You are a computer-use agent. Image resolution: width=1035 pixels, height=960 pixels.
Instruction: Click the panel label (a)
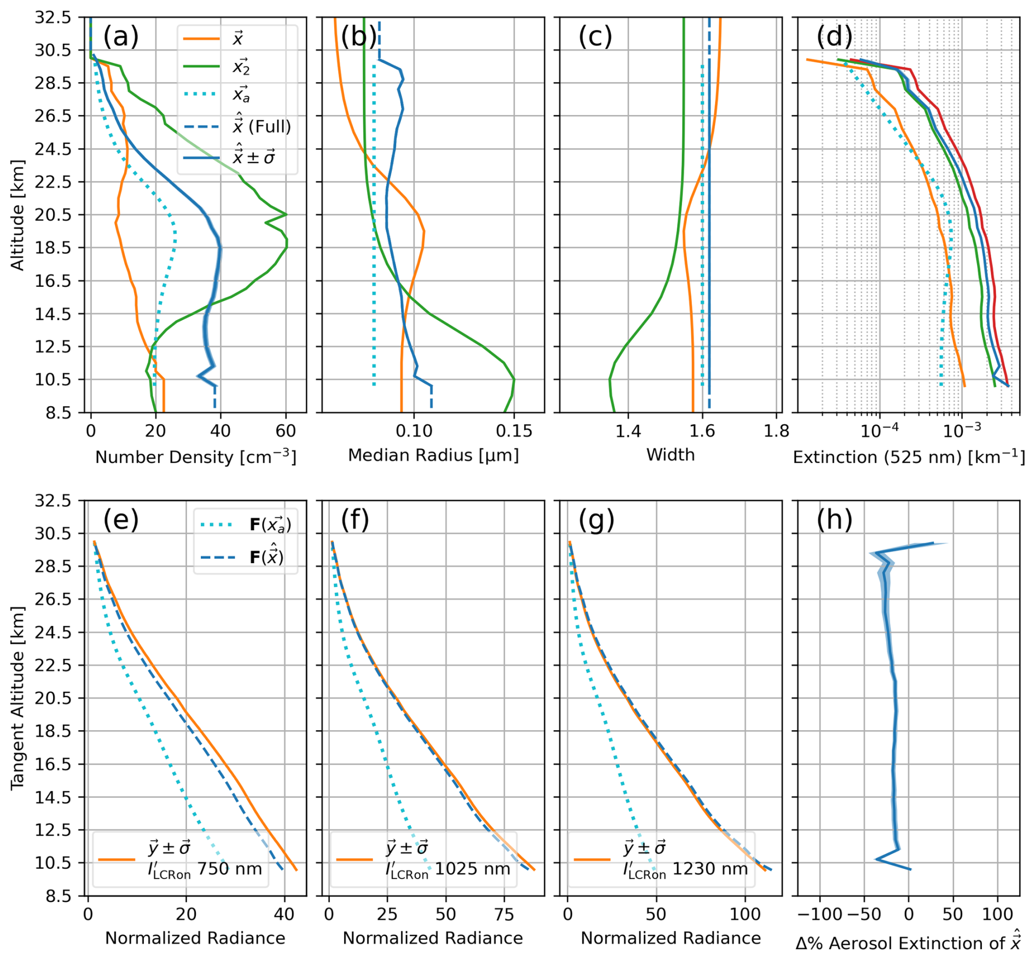coord(121,37)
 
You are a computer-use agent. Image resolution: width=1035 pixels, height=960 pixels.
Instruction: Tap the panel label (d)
coord(834,37)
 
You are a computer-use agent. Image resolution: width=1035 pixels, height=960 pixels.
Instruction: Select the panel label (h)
coord(834,519)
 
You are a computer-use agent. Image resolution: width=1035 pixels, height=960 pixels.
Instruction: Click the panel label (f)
coord(355,519)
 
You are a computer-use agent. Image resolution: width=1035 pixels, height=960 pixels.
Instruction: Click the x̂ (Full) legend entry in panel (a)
coord(261,126)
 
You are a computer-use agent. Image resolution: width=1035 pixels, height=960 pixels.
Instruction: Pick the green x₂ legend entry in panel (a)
coord(241,67)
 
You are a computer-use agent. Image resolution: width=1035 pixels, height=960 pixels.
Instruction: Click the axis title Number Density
coord(195,457)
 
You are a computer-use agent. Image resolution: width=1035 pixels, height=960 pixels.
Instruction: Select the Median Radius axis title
coord(433,455)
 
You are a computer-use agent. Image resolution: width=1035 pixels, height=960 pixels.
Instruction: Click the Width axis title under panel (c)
coord(670,455)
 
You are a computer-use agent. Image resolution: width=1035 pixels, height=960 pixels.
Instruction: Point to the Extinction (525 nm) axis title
coord(909,457)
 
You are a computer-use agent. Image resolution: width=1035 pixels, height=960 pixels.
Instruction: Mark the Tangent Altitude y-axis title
coord(18,698)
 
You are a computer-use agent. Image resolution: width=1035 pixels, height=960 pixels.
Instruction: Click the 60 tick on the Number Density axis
coord(286,431)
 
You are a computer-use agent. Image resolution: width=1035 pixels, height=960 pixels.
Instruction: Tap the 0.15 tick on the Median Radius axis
coord(514,431)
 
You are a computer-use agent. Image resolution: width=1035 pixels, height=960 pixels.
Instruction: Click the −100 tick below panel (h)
coord(819,914)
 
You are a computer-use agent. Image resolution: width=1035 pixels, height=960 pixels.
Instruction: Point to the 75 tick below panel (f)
coord(504,914)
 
